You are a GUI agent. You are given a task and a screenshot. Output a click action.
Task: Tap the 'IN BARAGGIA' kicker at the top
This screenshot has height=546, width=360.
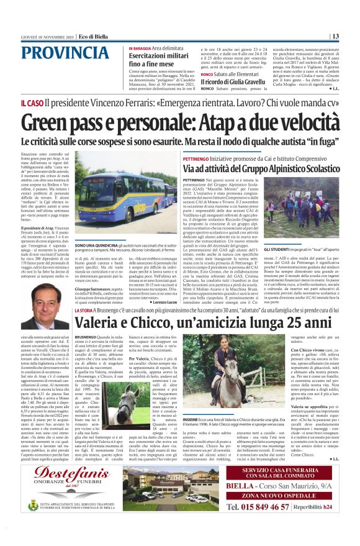tap(140, 48)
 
